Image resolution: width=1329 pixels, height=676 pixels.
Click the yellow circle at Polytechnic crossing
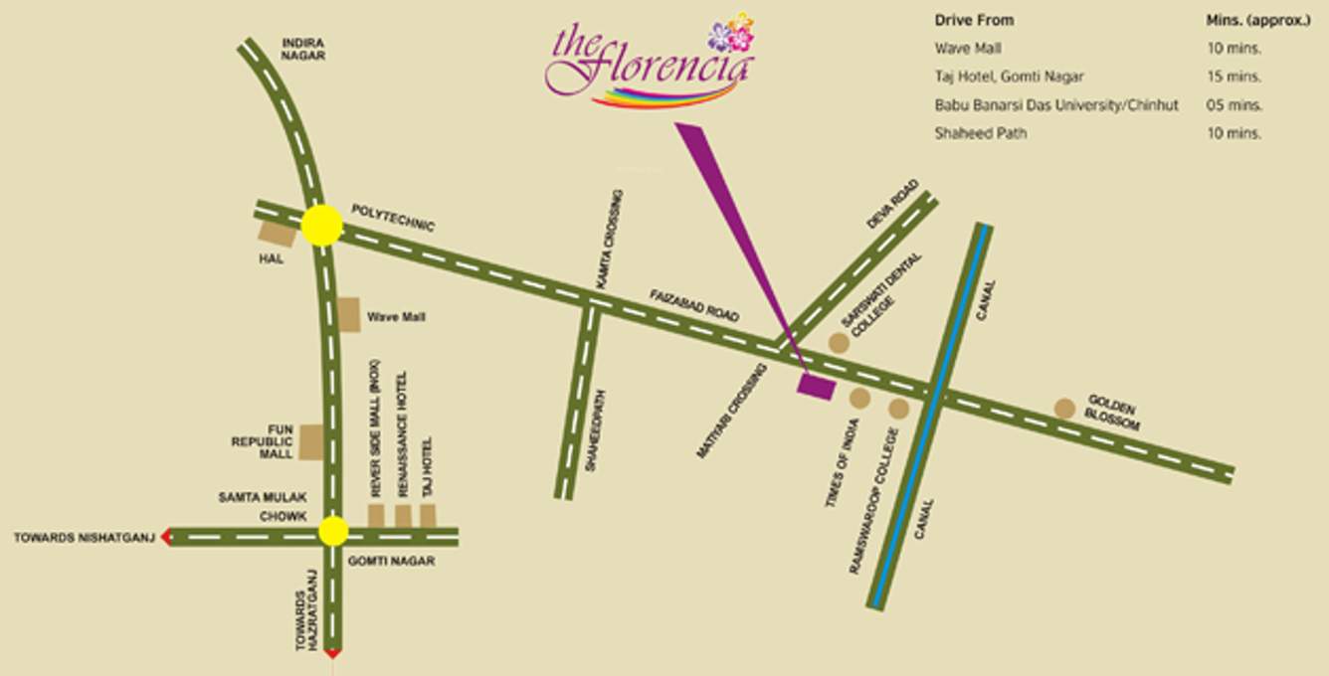321,226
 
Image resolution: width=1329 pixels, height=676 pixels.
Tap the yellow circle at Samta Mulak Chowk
333,531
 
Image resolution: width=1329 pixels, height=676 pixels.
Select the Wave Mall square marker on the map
348,314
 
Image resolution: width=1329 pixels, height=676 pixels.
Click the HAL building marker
278,233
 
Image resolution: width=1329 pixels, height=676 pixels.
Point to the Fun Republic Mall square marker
311,441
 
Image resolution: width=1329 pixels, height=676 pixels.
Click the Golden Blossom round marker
1064,408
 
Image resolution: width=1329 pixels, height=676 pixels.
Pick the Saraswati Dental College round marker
839,343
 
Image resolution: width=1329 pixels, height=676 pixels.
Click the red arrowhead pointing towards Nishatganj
166,538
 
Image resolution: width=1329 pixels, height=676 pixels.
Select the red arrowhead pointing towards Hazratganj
333,653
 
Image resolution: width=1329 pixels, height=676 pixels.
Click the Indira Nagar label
303,50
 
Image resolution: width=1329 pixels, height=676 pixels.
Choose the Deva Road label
885,211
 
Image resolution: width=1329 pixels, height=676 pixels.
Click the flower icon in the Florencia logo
731,36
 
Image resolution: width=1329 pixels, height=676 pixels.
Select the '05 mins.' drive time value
1234,104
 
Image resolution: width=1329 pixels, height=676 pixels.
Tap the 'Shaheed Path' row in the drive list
980,133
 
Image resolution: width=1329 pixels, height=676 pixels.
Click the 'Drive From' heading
974,20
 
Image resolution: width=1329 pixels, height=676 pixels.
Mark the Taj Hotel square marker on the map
428,515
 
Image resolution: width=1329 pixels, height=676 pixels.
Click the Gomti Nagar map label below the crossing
391,561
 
